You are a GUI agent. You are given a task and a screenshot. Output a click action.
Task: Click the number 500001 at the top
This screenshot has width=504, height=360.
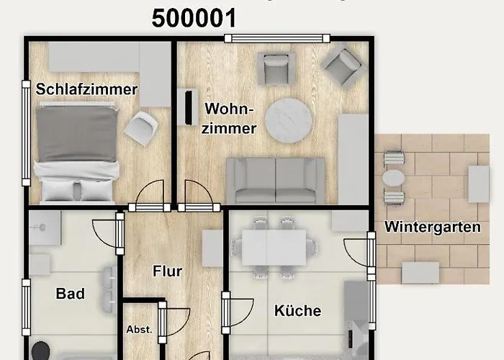[x=194, y=18]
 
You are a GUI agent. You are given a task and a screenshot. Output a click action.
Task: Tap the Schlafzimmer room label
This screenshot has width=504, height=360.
[x=86, y=90]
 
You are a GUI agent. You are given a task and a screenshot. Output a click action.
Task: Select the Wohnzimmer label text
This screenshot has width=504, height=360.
[x=230, y=119]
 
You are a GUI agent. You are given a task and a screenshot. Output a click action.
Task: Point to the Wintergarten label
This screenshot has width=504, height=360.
[x=432, y=227]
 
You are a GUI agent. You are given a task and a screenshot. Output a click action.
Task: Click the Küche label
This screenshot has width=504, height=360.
[x=297, y=311]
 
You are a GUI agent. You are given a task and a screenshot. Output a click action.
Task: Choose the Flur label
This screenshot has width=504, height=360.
[x=167, y=271]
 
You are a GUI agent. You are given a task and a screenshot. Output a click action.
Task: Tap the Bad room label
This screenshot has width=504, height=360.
[x=71, y=294]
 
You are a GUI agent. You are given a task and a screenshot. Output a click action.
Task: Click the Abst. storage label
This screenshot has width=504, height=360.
[x=139, y=329]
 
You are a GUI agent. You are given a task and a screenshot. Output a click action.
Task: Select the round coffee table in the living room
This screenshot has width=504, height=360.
[x=288, y=120]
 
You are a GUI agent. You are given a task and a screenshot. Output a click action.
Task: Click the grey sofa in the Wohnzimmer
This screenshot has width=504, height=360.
[x=276, y=180]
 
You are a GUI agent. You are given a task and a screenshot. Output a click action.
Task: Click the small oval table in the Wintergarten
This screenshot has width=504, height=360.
[x=394, y=177]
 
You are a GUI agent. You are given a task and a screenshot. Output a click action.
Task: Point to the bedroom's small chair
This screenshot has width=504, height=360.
[x=140, y=128]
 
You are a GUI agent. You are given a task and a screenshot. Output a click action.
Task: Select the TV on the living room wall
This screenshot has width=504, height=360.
[x=188, y=107]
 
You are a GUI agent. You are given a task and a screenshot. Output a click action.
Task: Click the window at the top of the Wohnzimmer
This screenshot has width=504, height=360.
[x=276, y=38]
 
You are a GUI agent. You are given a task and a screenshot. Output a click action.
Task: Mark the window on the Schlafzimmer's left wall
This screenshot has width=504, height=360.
[x=27, y=133]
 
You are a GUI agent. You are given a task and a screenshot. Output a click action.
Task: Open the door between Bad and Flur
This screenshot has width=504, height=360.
[x=120, y=233]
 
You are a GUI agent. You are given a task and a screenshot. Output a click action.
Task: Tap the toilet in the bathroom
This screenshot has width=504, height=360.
[x=40, y=351]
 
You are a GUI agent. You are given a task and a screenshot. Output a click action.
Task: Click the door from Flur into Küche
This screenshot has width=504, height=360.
[x=226, y=313]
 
